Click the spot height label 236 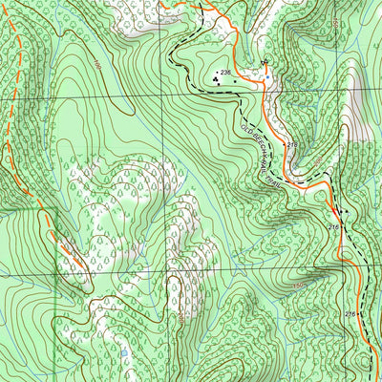[x=225, y=74]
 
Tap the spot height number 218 [x=292, y=144]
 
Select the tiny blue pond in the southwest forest [x=122, y=353]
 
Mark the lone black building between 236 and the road [x=235, y=82]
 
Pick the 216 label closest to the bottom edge [x=350, y=314]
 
